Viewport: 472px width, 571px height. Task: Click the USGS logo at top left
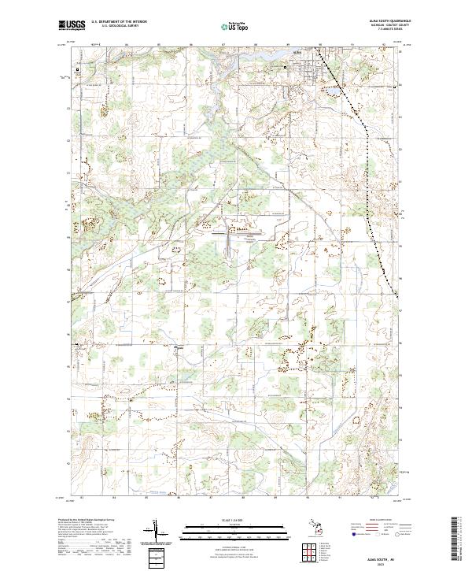(x=72, y=24)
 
